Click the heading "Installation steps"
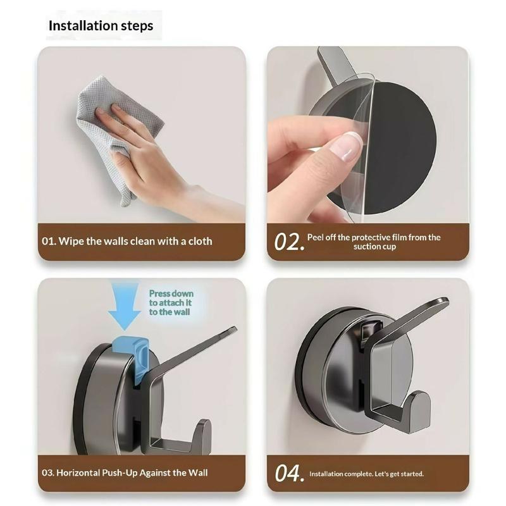pyautogui.click(x=101, y=26)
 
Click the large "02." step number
pyautogui.click(x=289, y=242)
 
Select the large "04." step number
pyautogui.click(x=289, y=473)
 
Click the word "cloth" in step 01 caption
pyautogui.click(x=201, y=241)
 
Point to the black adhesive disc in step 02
pyautogui.click(x=400, y=145)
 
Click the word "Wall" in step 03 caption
pyautogui.click(x=198, y=472)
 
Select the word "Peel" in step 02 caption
pyautogui.click(x=315, y=238)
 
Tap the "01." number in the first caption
pyautogui.click(x=49, y=241)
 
